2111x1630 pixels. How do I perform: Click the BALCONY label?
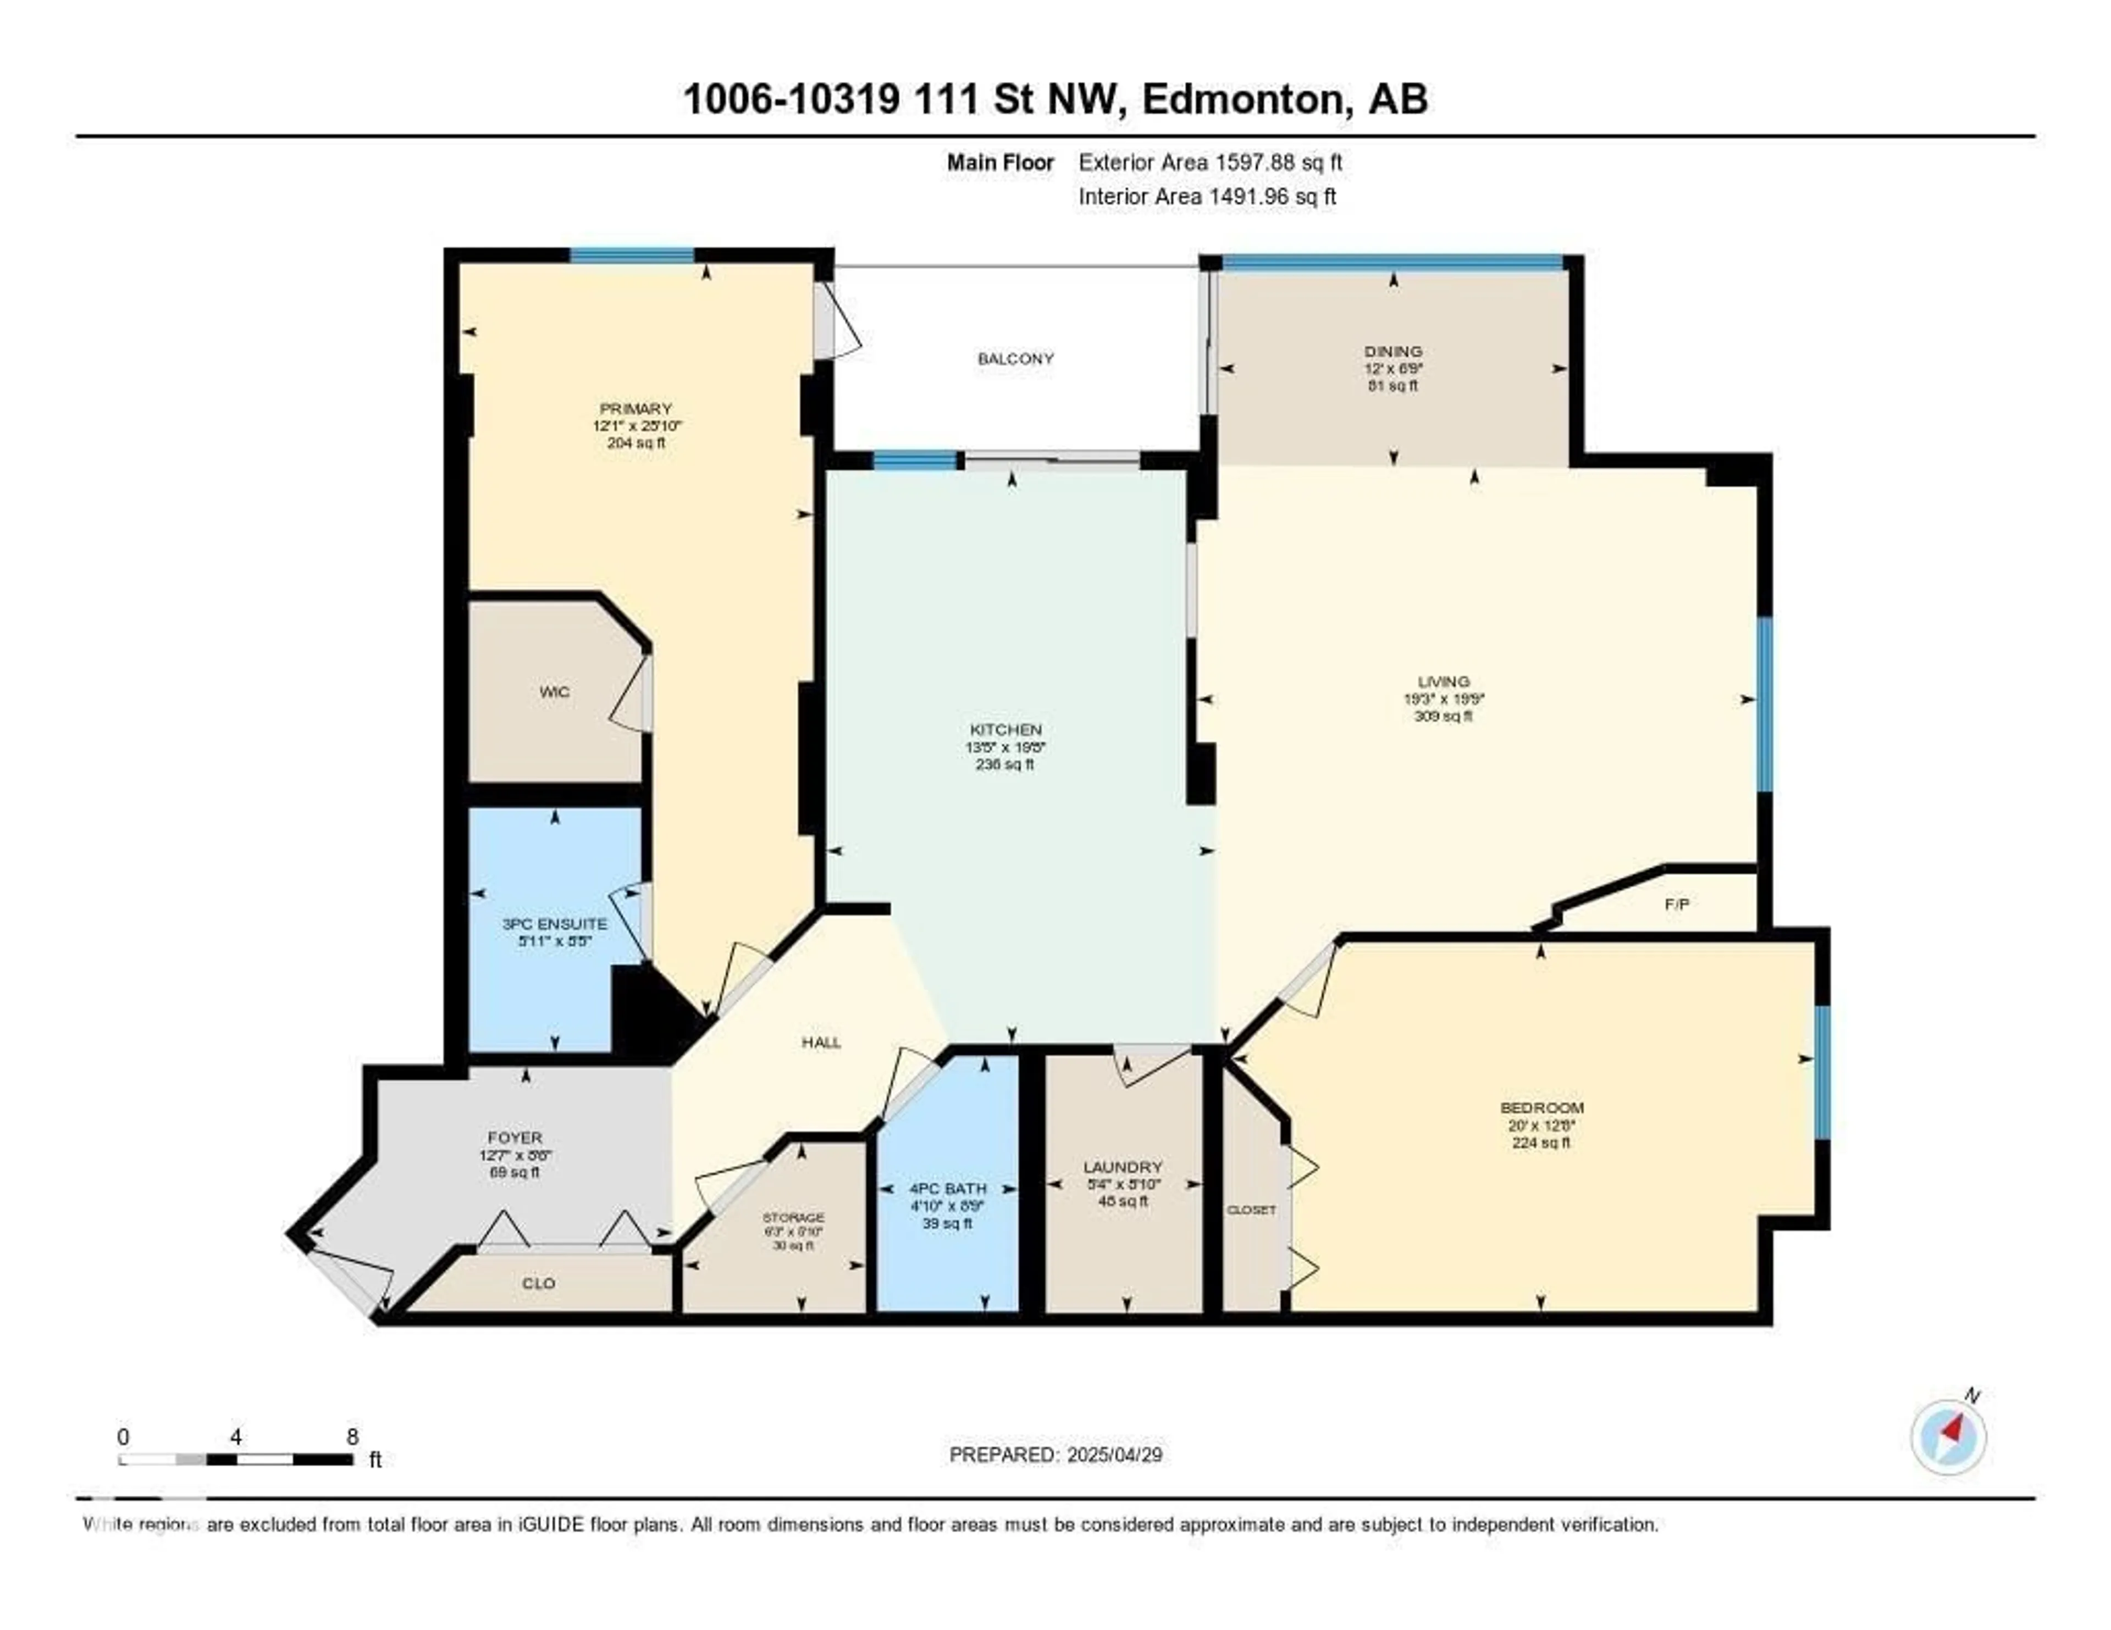[1015, 358]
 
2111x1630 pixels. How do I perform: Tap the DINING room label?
[1393, 351]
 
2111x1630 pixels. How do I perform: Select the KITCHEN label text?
[1005, 729]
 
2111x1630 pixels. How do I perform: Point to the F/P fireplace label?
[1677, 905]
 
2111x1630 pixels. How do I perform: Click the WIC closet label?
[554, 692]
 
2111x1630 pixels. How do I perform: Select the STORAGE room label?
[794, 1217]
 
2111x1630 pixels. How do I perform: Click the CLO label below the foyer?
[538, 1283]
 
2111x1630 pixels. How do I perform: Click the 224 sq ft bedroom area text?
[1541, 1142]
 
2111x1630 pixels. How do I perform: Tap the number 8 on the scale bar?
[352, 1437]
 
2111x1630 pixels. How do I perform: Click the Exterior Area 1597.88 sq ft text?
[1210, 162]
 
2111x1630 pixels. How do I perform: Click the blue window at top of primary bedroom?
[631, 255]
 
